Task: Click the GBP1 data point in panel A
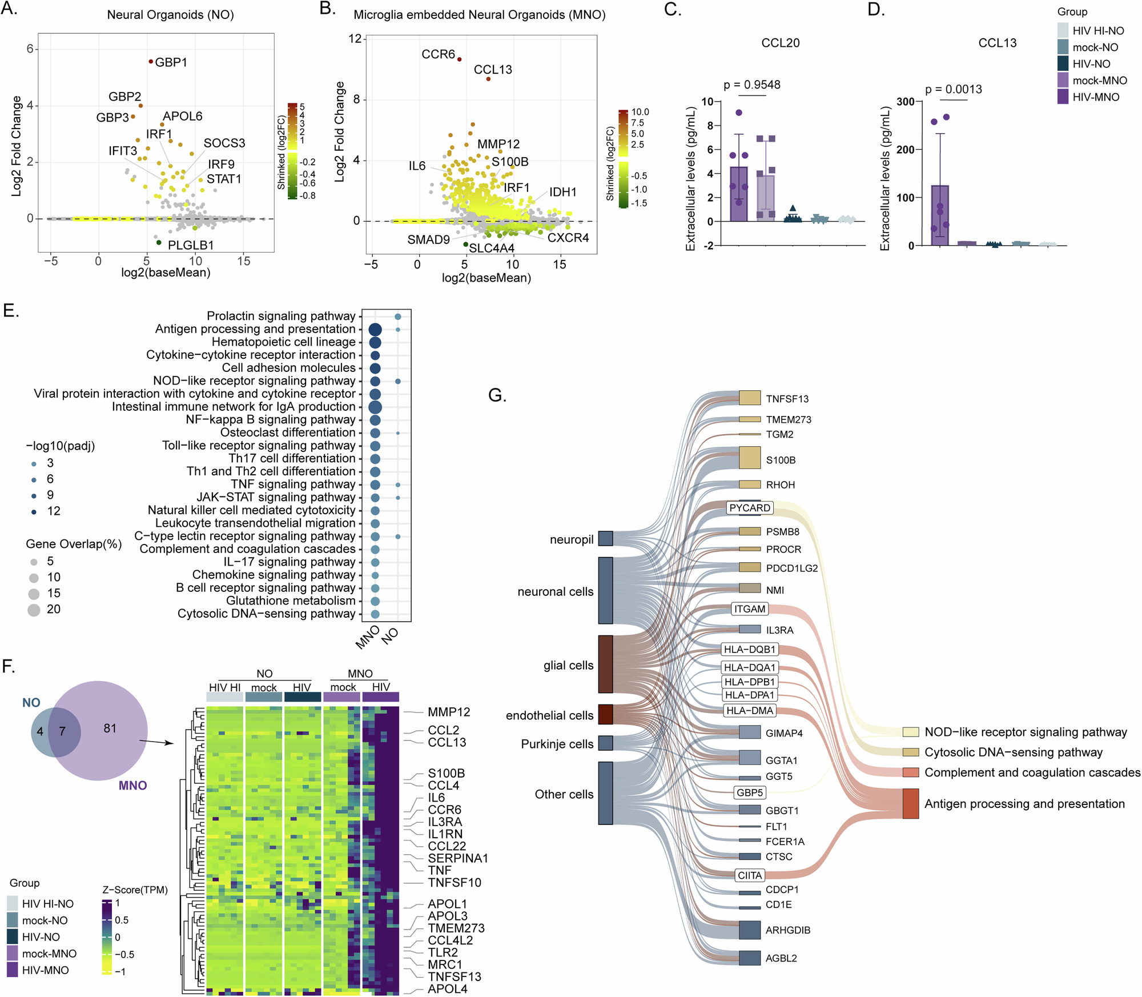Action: [151, 61]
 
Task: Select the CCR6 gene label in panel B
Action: [438, 54]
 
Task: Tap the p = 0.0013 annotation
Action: [954, 89]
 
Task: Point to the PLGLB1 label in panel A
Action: [191, 245]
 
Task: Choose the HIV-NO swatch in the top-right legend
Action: [1063, 63]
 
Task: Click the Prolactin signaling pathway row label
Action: [281, 316]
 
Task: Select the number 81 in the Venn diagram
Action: [110, 728]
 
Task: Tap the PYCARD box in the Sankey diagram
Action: [749, 508]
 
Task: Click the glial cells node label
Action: [568, 665]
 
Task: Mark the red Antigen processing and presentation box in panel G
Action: [911, 803]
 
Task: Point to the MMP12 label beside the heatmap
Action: [449, 712]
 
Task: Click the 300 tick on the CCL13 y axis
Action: [905, 102]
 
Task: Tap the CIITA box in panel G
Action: [749, 875]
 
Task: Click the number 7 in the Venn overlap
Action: [62, 731]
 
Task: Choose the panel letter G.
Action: [497, 395]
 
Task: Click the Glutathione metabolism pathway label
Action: [291, 600]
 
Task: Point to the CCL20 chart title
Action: [780, 43]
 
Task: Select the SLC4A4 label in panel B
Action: [492, 248]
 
